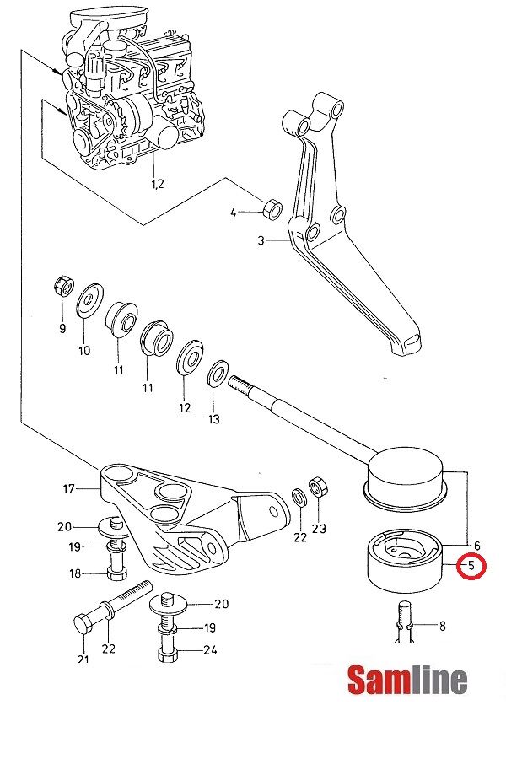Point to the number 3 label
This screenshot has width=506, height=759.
pyautogui.click(x=261, y=241)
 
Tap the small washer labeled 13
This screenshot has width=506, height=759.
pyautogui.click(x=217, y=371)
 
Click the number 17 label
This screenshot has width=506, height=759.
pyautogui.click(x=68, y=487)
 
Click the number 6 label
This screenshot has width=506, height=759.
pyautogui.click(x=476, y=546)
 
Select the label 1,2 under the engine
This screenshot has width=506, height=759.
pyautogui.click(x=157, y=183)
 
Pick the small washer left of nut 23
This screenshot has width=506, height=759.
pyautogui.click(x=299, y=494)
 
